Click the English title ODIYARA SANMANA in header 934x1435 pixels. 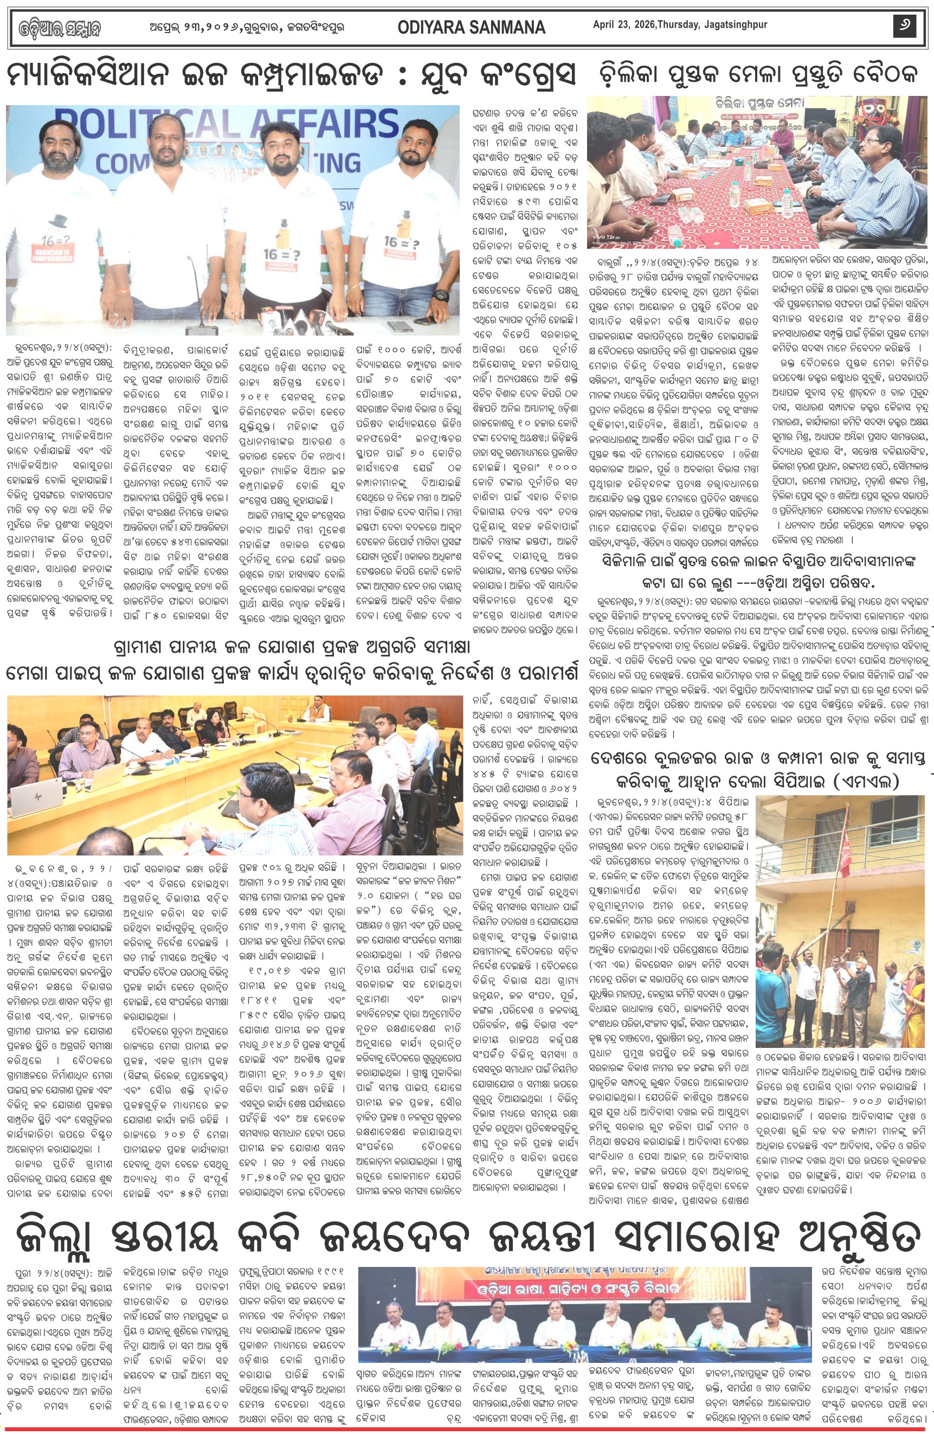point(471,27)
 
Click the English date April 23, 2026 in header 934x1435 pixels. point(680,25)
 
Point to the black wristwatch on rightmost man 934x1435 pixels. point(441,295)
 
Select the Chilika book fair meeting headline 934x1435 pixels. point(758,75)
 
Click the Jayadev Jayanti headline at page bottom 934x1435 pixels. point(467,1236)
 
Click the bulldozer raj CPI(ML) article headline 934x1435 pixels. point(758,770)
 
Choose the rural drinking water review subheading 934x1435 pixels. point(292,647)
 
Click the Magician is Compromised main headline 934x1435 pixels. point(291,75)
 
